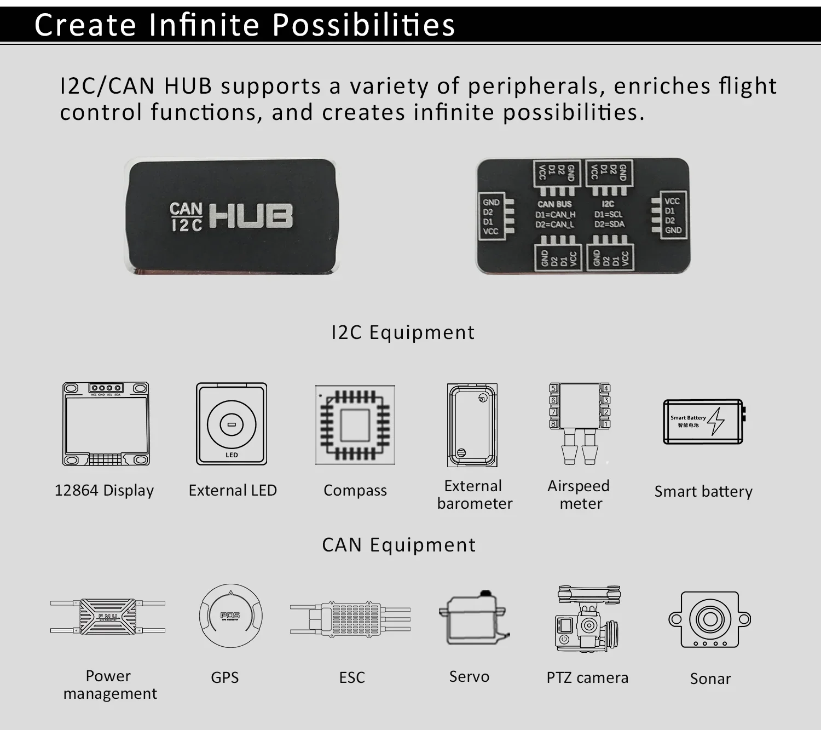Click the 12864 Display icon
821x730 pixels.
pyautogui.click(x=106, y=424)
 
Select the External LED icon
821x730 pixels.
pyautogui.click(x=232, y=424)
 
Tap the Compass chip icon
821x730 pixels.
pyautogui.click(x=355, y=425)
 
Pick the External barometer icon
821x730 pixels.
pyautogui.click(x=472, y=425)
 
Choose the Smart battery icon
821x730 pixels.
pyautogui.click(x=704, y=422)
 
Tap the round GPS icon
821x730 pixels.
pyautogui.click(x=230, y=616)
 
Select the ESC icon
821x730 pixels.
pyautogui.click(x=350, y=619)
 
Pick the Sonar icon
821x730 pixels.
pyautogui.click(x=710, y=620)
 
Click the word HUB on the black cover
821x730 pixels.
pyautogui.click(x=251, y=216)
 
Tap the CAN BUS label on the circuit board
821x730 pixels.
pyautogui.click(x=554, y=204)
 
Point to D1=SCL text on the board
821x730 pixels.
pyautogui.click(x=609, y=214)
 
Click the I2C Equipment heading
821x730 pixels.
pyautogui.click(x=403, y=332)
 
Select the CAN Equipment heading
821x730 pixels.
pyautogui.click(x=399, y=545)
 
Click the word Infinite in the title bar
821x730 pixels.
pyautogui.click(x=204, y=25)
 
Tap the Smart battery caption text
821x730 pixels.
pyautogui.click(x=703, y=491)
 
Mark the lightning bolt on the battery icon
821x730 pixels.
pyautogui.click(x=716, y=421)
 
